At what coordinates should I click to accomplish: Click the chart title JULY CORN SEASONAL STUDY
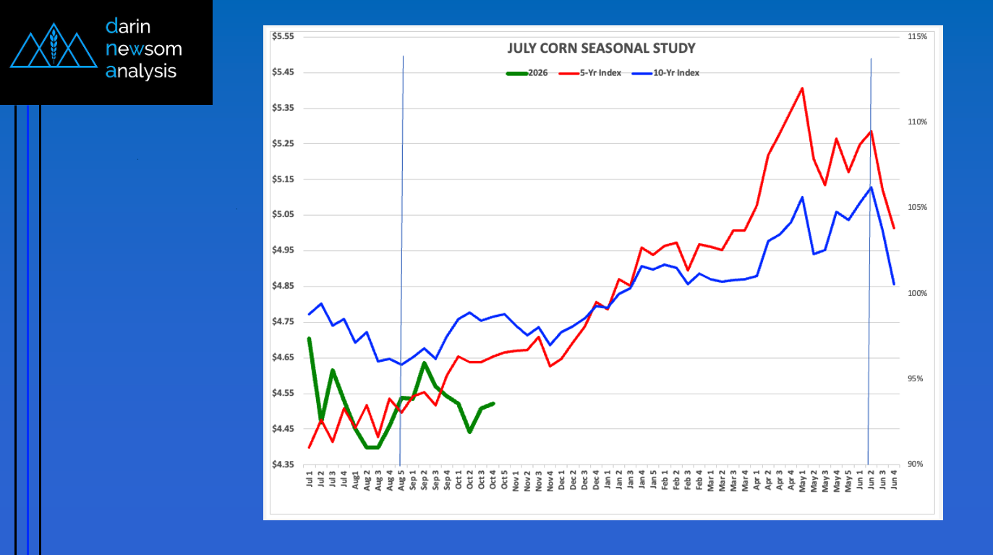tap(601, 48)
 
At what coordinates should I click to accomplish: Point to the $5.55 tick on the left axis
tap(282, 36)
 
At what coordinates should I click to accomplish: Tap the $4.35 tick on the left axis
tap(282, 465)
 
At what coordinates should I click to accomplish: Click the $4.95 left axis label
tap(282, 250)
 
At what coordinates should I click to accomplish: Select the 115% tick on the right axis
tap(916, 36)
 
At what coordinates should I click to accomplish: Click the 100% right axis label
tap(916, 293)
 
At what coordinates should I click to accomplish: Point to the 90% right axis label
tap(915, 465)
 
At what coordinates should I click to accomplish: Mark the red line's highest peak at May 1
tap(802, 88)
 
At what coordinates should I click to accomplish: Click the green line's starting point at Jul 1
tap(310, 339)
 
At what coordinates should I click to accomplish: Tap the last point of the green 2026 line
tap(493, 404)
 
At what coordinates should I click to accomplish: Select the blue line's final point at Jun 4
tap(894, 284)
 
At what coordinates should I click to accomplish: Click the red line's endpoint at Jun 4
tap(894, 228)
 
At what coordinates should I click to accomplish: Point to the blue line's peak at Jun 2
tap(871, 187)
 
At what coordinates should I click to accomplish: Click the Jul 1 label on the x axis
tap(310, 481)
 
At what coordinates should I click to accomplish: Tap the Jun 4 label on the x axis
tap(894, 481)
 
